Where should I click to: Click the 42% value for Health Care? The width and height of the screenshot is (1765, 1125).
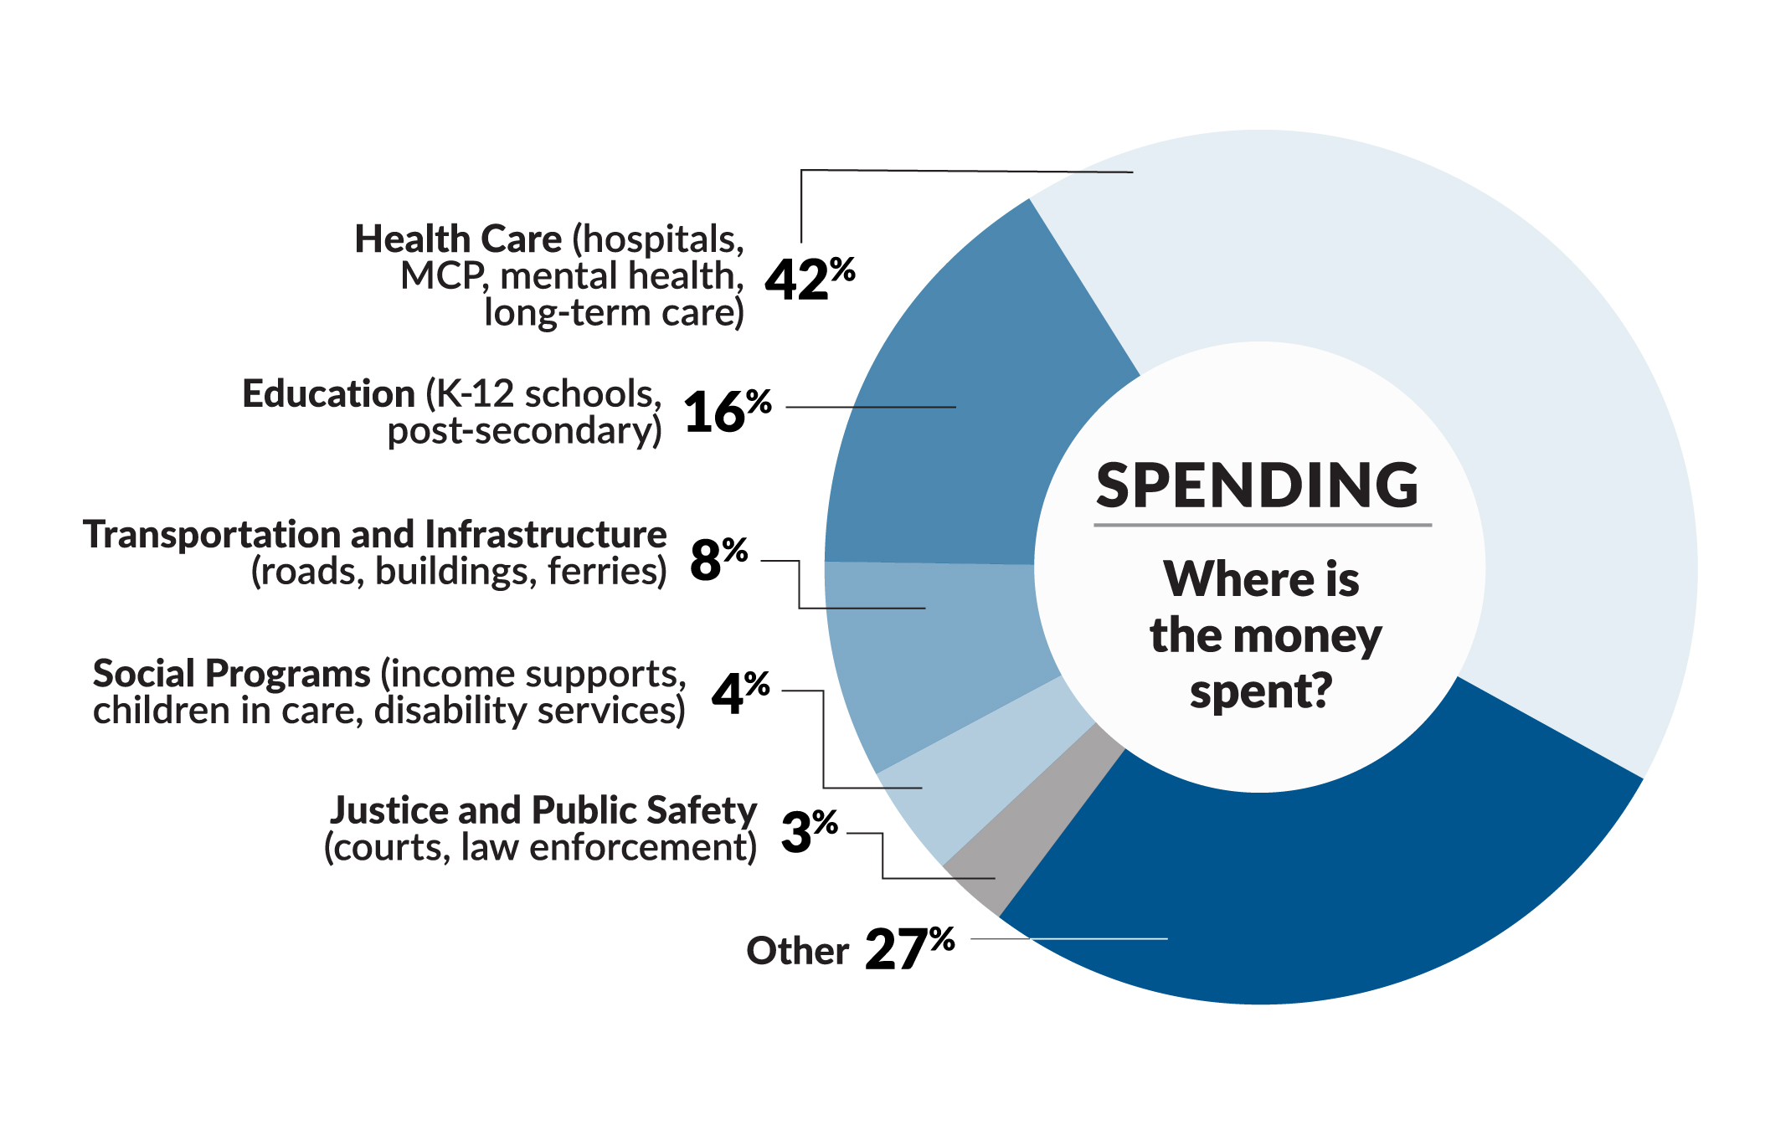808,279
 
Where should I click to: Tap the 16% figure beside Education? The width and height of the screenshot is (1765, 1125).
726,411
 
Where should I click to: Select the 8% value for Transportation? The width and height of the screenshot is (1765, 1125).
718,559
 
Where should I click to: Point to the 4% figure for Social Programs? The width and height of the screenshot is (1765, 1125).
739,692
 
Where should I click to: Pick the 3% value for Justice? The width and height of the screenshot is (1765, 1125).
808,830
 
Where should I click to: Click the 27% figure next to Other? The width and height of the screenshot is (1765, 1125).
908,948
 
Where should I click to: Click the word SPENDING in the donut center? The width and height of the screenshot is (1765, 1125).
1257,485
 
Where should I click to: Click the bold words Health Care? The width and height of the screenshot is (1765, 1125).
458,239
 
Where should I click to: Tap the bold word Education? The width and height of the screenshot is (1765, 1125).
328,393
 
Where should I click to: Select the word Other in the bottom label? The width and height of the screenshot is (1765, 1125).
797,951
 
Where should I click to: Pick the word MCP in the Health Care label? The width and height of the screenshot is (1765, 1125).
442,276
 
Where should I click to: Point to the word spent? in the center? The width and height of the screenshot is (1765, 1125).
1260,693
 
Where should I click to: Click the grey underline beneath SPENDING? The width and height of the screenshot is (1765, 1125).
1262,525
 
